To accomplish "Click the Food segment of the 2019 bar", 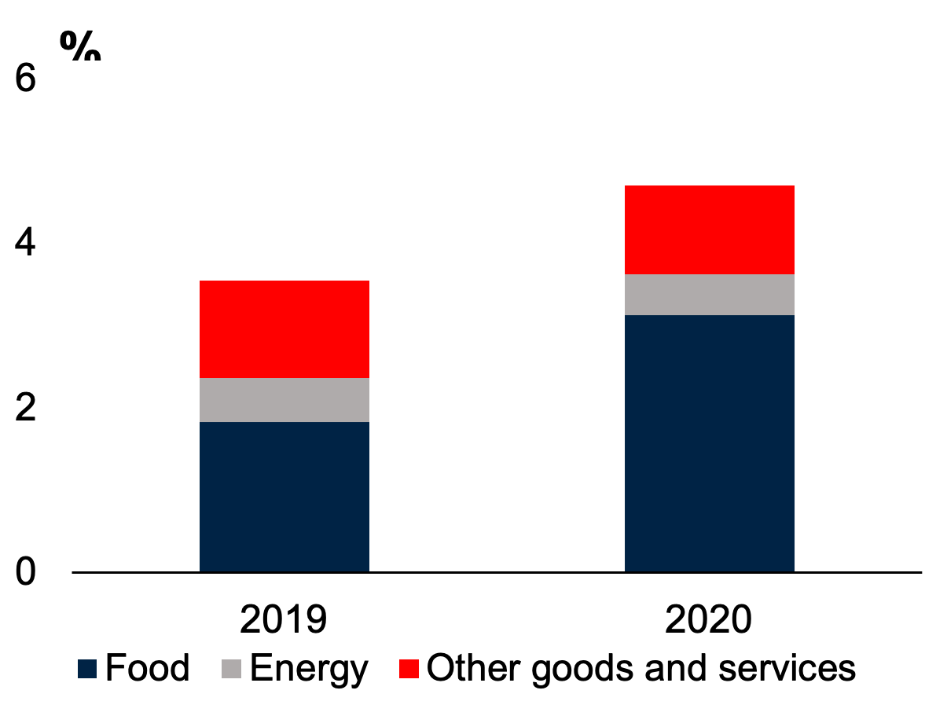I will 284,497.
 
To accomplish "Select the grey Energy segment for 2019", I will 284,400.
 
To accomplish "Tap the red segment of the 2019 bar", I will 284,329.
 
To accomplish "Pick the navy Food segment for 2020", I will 709,443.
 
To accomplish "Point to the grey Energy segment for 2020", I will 709,295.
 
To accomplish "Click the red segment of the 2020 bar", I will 709,229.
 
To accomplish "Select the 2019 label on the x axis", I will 284,620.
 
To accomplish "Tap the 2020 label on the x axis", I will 709,620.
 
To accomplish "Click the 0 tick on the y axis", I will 26,571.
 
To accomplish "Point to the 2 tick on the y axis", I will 26,407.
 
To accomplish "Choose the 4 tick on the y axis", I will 26,243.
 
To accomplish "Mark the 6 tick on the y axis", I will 26,79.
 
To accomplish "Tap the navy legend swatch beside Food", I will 87,669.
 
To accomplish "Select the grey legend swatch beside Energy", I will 232,669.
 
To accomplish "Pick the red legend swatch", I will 409,669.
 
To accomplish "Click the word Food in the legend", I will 148,667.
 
